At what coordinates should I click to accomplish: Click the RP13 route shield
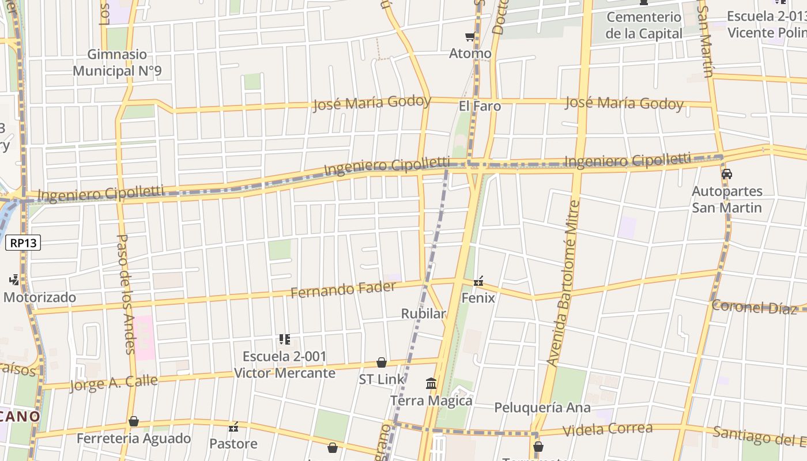pyautogui.click(x=24, y=243)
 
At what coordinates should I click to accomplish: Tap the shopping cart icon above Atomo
pyautogui.click(x=470, y=37)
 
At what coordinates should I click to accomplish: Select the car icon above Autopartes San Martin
pyautogui.click(x=727, y=174)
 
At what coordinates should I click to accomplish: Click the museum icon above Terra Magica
pyautogui.click(x=431, y=383)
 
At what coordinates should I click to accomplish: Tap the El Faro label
pyautogui.click(x=480, y=106)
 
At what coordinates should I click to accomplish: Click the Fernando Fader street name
pyautogui.click(x=344, y=289)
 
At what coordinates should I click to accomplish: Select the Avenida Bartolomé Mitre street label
pyautogui.click(x=563, y=284)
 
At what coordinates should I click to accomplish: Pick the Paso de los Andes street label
pyautogui.click(x=126, y=293)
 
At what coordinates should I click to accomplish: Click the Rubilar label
pyautogui.click(x=424, y=313)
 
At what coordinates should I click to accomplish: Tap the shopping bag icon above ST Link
pyautogui.click(x=382, y=362)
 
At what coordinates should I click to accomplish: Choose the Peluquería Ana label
pyautogui.click(x=542, y=408)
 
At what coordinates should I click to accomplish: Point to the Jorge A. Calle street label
pyautogui.click(x=114, y=383)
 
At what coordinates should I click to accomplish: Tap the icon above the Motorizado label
pyautogui.click(x=14, y=280)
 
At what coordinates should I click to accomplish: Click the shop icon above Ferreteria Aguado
pyautogui.click(x=134, y=421)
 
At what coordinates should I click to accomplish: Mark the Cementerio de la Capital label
pyautogui.click(x=644, y=25)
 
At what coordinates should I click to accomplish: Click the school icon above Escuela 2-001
pyautogui.click(x=284, y=339)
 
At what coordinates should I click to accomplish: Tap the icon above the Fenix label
pyautogui.click(x=478, y=281)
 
